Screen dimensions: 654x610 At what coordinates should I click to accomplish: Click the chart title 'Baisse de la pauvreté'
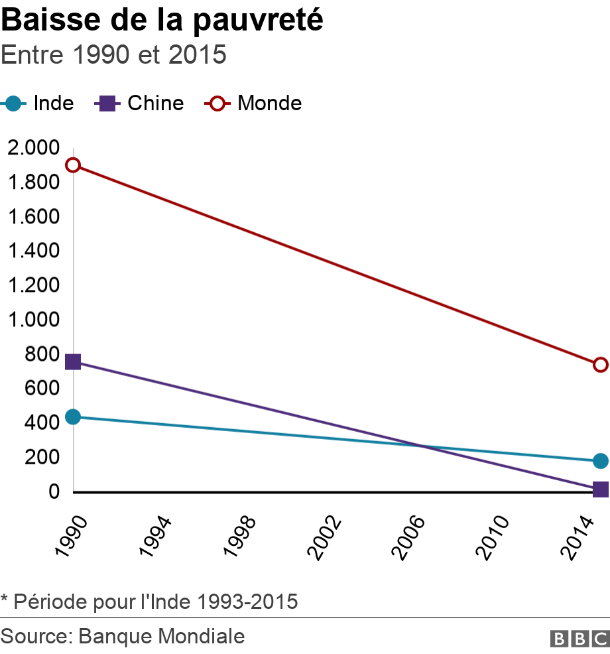click(162, 21)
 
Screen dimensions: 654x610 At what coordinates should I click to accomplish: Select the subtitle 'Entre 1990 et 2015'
click(114, 55)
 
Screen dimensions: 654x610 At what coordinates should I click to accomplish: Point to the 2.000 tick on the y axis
click(33, 148)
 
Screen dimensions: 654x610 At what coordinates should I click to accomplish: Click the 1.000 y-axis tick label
click(33, 320)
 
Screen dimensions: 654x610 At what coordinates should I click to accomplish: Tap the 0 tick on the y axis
click(53, 491)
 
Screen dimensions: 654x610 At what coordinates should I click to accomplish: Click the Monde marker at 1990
click(73, 165)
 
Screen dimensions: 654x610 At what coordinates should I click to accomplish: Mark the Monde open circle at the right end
click(601, 365)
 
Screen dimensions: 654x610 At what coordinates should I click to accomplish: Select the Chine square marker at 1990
click(73, 362)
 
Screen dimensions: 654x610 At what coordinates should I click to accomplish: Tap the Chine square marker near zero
click(601, 490)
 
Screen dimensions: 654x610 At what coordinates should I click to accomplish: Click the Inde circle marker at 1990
click(73, 417)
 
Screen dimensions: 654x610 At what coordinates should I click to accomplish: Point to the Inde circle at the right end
click(601, 461)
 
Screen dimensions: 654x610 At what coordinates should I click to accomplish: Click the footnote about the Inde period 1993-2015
click(149, 602)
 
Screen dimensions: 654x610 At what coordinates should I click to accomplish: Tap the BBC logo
click(579, 638)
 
